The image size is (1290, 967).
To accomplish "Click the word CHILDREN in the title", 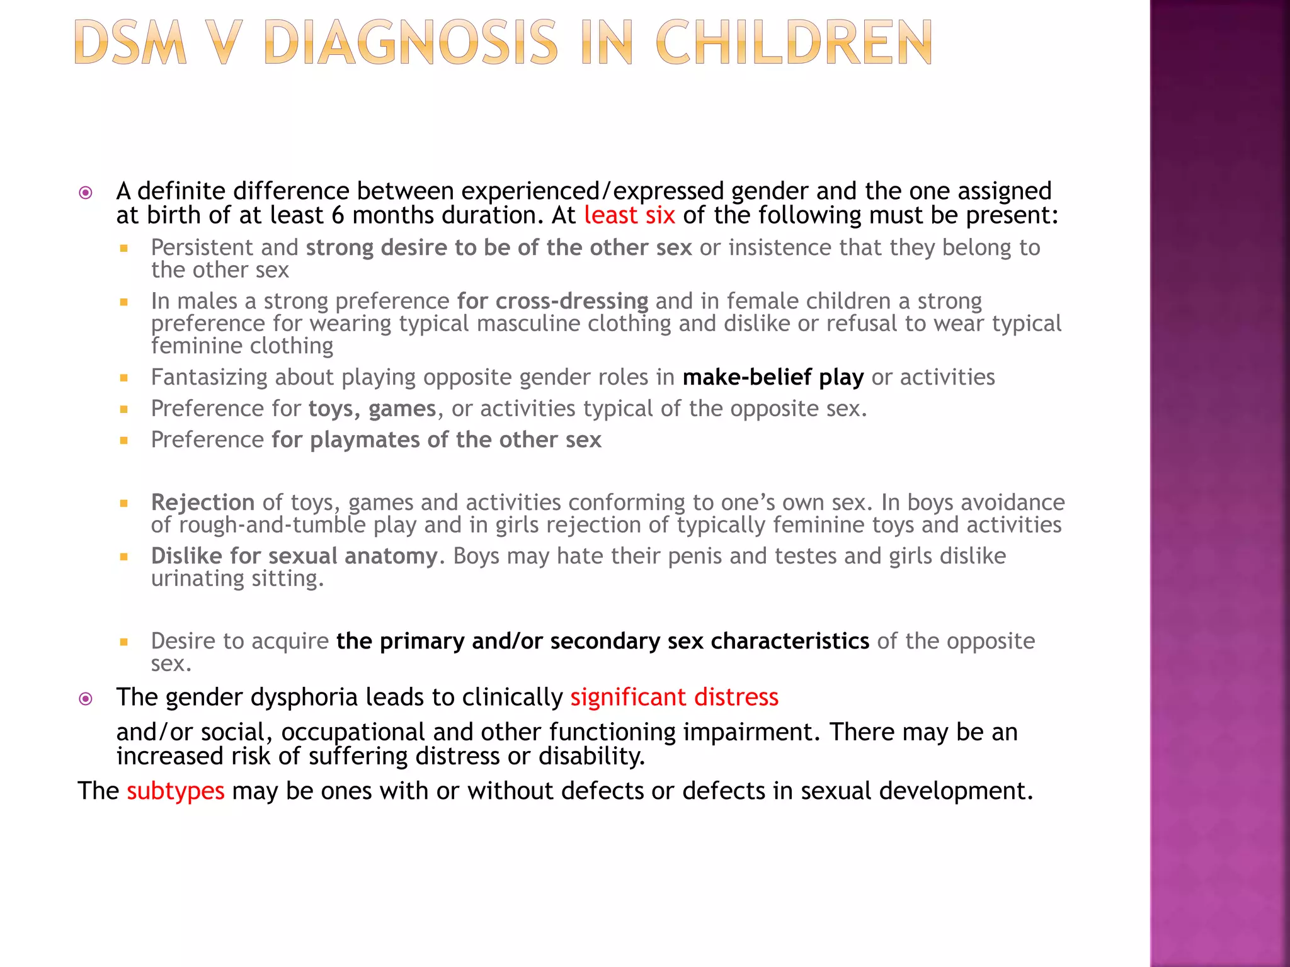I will tap(794, 43).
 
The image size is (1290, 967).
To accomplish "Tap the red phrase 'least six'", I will tap(629, 215).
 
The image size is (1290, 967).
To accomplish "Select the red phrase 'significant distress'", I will tap(674, 698).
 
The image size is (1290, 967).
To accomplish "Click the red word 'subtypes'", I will tap(175, 791).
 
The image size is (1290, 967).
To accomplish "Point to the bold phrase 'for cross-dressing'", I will tap(552, 301).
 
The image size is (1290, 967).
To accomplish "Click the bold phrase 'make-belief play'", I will tap(773, 377).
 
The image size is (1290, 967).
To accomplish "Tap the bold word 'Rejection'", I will tap(202, 502).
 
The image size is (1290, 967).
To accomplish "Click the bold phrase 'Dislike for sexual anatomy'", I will tap(294, 556).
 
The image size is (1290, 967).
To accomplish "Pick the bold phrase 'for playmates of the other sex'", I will tap(436, 439).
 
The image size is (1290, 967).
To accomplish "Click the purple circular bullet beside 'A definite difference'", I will tap(86, 193).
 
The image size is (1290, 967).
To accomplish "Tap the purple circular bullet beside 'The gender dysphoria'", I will tap(86, 698).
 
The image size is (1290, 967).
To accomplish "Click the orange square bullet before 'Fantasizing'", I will tap(124, 378).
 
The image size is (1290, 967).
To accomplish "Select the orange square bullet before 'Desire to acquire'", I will tap(124, 642).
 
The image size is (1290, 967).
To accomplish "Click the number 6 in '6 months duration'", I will tap(338, 215).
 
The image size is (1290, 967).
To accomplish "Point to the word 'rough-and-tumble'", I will tap(272, 525).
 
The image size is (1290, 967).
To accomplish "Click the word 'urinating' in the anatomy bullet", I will tap(197, 578).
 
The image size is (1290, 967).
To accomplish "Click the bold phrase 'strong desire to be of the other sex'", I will tap(499, 247).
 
